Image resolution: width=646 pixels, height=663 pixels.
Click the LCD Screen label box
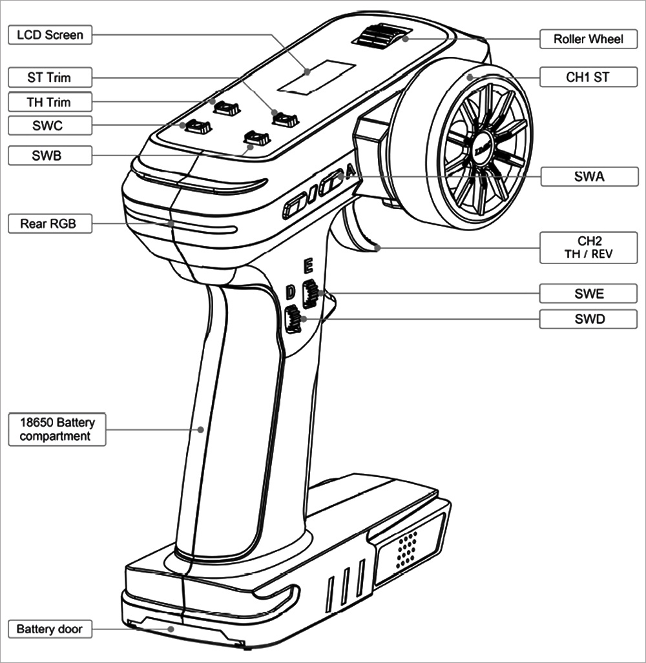[x=50, y=34]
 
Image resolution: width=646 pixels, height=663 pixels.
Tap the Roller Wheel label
[x=588, y=39]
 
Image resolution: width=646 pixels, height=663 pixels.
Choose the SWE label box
[x=588, y=294]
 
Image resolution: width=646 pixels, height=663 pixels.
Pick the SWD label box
[x=588, y=318]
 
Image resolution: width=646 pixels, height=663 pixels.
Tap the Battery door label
[x=50, y=629]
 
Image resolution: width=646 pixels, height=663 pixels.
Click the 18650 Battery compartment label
[x=57, y=430]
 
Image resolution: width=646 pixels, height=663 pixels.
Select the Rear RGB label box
[x=50, y=224]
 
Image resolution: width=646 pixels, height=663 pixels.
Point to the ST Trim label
[x=50, y=78]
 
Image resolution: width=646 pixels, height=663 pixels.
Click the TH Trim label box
[x=50, y=102]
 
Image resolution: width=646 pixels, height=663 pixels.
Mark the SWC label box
[x=50, y=126]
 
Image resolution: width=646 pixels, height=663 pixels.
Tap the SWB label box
[x=50, y=155]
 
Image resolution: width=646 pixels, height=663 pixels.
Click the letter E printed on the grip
[x=309, y=265]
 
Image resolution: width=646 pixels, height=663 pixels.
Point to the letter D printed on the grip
[x=291, y=292]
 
